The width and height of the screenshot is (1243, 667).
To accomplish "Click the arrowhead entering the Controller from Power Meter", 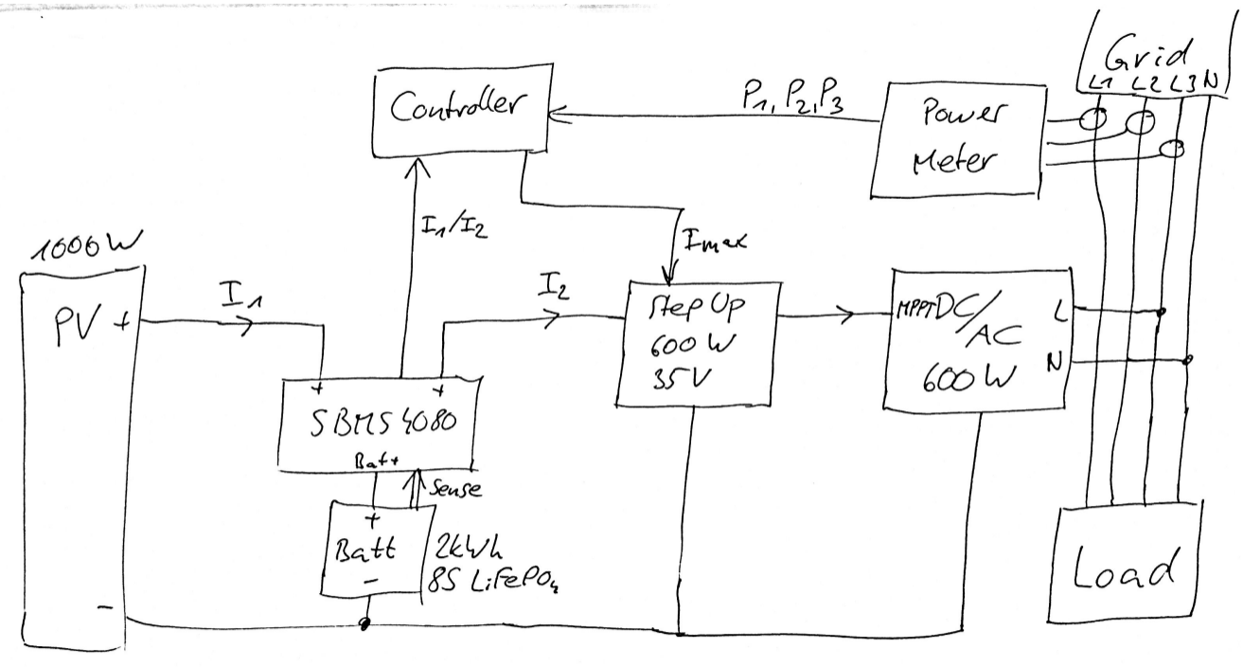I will [550, 116].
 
